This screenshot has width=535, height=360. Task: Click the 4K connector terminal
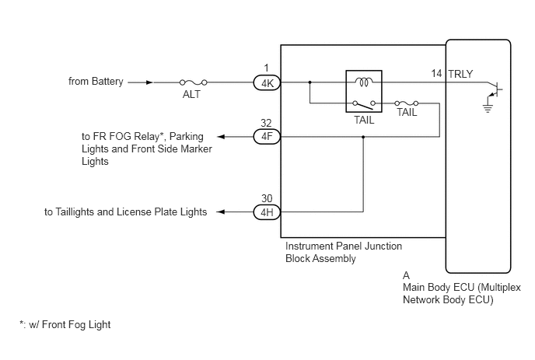267,83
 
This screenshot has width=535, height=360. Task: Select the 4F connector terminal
267,137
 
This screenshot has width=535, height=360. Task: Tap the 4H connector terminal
267,212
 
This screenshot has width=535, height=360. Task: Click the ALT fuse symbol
193,82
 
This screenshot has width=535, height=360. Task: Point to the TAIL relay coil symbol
364,82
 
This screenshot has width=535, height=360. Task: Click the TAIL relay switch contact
364,104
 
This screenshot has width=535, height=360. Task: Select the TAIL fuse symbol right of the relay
406,103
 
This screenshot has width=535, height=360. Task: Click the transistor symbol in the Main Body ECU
495,89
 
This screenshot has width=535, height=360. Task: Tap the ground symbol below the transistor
488,108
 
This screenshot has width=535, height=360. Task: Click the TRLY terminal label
460,74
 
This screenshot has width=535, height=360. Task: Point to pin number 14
436,73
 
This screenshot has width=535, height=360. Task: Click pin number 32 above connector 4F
266,123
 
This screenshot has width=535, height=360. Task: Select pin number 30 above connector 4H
267,198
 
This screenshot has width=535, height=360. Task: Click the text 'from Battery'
96,82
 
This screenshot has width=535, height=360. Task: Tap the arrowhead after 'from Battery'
149,82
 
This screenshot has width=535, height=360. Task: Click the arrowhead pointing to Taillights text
221,212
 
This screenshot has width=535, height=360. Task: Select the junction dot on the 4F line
363,137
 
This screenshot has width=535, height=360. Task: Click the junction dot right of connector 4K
309,82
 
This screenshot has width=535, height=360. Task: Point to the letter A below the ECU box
406,275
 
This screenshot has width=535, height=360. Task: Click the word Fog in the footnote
78,325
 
